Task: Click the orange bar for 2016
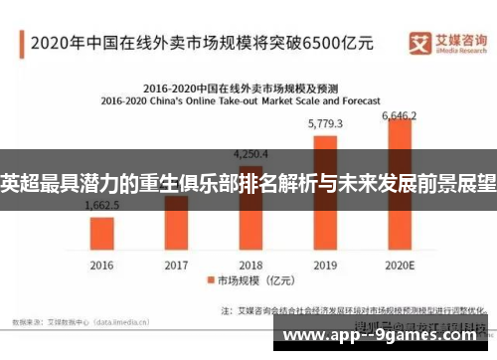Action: (x=102, y=233)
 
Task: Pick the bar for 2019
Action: (x=325, y=193)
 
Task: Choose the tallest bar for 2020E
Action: (x=399, y=185)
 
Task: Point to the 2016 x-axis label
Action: (x=102, y=266)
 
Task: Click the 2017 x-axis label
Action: (x=176, y=266)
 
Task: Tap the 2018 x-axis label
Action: (x=250, y=266)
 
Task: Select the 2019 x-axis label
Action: (x=325, y=266)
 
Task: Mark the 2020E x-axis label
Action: (x=399, y=266)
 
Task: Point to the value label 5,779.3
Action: (x=325, y=124)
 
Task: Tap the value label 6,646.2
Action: (x=401, y=116)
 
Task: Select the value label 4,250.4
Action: (x=250, y=153)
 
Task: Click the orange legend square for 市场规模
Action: (x=210, y=281)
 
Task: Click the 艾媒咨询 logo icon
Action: (x=420, y=42)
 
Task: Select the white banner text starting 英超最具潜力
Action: (x=248, y=183)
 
